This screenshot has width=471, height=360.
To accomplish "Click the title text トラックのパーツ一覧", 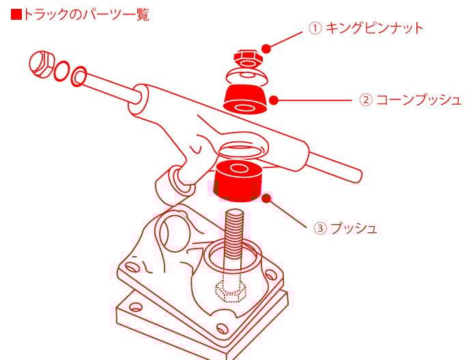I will (x=86, y=14).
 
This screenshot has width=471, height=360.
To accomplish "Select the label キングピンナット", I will (x=375, y=28).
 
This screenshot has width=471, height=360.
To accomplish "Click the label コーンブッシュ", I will (x=419, y=100).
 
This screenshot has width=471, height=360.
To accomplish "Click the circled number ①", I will (x=315, y=29).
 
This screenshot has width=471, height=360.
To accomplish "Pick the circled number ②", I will (x=366, y=100).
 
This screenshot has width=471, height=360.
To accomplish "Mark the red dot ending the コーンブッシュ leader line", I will (x=274, y=100).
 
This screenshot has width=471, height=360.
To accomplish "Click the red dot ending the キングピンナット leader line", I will (x=266, y=48).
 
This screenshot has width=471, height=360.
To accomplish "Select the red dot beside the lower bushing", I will (x=267, y=198).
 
